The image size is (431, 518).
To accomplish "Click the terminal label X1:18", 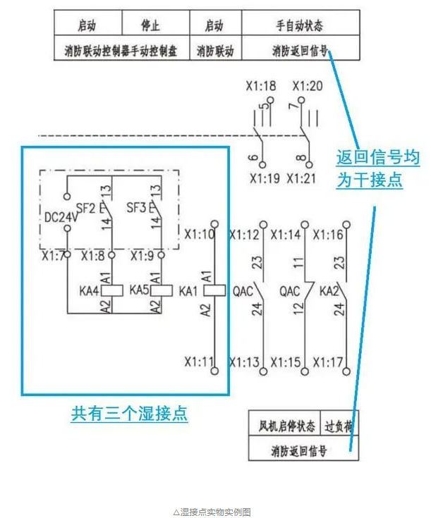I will (x=260, y=87).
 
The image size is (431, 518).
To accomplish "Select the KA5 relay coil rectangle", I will (x=162, y=290).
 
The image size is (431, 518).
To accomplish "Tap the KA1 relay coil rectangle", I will (x=214, y=290).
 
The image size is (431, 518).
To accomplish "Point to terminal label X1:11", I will (x=199, y=362).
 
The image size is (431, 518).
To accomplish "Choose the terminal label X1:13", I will (x=244, y=362).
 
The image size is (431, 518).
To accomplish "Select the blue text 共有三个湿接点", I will (x=130, y=413).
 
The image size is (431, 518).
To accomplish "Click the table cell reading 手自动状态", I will (x=300, y=26).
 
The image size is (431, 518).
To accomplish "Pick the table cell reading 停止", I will (x=150, y=26).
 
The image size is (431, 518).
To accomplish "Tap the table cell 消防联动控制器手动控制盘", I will (x=121, y=51).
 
